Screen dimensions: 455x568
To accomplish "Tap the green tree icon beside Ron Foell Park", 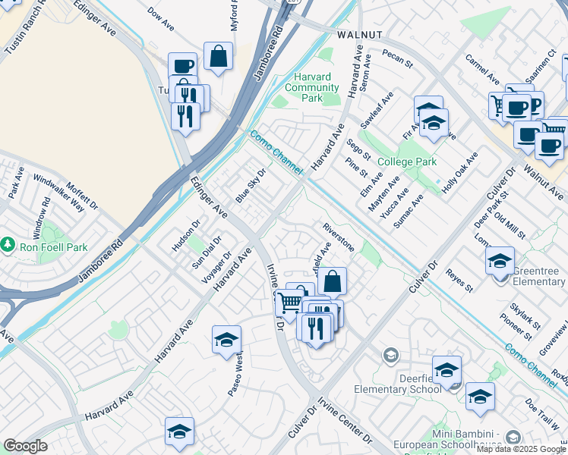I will pyautogui.click(x=8, y=245).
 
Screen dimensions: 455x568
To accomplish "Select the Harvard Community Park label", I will pyautogui.click(x=314, y=88).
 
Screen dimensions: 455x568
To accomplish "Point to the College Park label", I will pyautogui.click(x=407, y=162).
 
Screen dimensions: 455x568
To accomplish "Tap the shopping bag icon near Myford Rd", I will pyautogui.click(x=218, y=56).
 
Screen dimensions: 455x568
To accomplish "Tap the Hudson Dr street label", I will pyautogui.click(x=185, y=235).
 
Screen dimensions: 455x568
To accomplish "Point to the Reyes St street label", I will pyautogui.click(x=459, y=280).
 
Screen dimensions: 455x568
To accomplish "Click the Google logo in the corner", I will pyautogui.click(x=26, y=446).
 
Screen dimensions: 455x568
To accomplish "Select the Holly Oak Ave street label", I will pyautogui.click(x=460, y=173).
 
